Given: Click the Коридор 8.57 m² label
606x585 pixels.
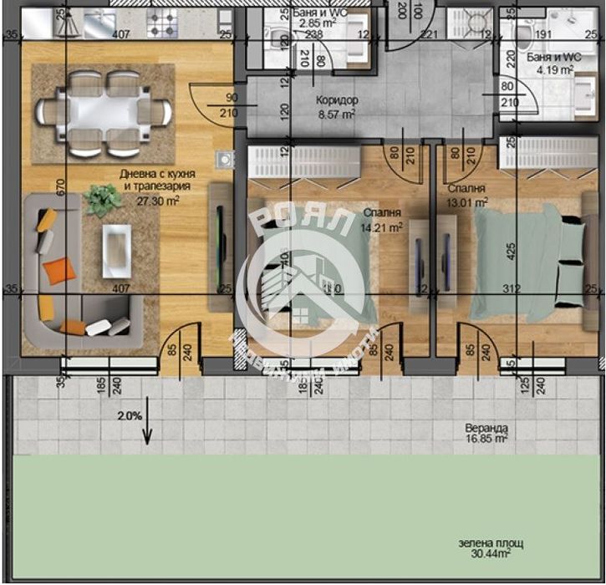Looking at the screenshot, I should pyautogui.click(x=337, y=107).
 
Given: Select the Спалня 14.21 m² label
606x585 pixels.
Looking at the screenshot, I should pyautogui.click(x=383, y=219).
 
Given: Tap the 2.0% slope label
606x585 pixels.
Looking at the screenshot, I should pyautogui.click(x=130, y=415).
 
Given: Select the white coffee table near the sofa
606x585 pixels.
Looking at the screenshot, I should pyautogui.click(x=116, y=248).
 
